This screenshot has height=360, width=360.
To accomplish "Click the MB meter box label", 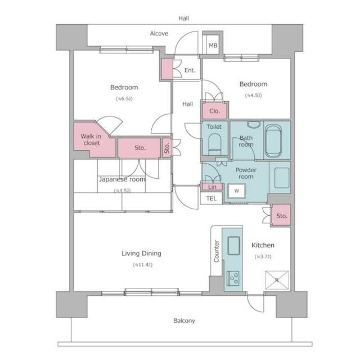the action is (213, 46).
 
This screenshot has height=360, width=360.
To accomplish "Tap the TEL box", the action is (211, 198).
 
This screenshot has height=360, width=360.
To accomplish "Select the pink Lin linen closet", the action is (212, 187).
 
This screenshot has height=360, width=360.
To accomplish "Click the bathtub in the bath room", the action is (273, 141).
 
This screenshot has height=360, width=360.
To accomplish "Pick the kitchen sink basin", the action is (234, 246).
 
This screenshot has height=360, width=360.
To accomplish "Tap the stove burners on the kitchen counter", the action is (233, 278).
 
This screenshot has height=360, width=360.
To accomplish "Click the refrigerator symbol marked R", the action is (277, 280).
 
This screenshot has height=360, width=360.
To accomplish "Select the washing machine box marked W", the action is (237, 191).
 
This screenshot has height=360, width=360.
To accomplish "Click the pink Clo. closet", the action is (215, 111).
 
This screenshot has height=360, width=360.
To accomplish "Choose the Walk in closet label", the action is (91, 139).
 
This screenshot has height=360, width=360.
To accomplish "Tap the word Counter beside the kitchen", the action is (216, 251).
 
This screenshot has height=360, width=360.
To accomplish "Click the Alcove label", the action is (159, 34).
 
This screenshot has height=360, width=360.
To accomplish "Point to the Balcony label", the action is (184, 321).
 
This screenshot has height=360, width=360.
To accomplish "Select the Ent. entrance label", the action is (190, 70).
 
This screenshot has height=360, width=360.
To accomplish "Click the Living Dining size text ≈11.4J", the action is (142, 265).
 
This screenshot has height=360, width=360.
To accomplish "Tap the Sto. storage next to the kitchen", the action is (281, 215).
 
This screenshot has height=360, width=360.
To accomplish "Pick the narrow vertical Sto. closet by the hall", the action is (167, 148).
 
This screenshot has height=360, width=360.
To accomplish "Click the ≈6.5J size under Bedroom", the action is (124, 99).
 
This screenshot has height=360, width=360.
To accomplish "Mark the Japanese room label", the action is (122, 179).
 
